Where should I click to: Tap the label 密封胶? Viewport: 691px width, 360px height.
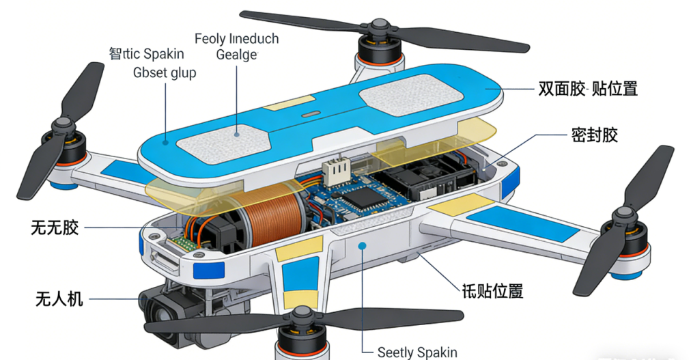594,135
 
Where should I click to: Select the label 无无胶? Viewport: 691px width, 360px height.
55,227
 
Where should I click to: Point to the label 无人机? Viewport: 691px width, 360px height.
59,298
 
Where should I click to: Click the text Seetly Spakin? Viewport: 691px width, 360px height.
417,352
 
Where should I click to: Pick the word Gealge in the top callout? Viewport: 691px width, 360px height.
236,55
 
